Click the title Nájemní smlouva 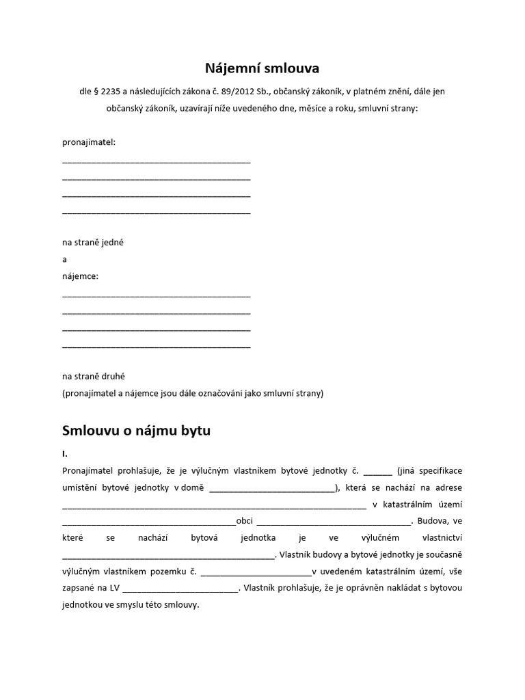coord(262,68)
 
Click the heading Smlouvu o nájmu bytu coord(137,431)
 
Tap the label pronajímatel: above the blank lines coord(89,143)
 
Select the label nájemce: coord(80,276)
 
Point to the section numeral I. coord(64,453)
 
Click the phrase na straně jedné coord(93,243)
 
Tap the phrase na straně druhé coord(94,376)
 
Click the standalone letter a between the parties coord(64,260)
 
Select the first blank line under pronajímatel coord(156,162)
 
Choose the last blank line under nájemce coord(156,347)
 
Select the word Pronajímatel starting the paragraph coord(90,471)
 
